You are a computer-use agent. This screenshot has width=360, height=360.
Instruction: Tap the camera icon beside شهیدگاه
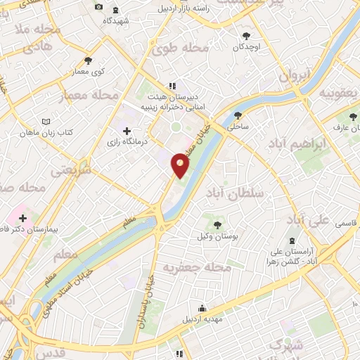click(x=98, y=8)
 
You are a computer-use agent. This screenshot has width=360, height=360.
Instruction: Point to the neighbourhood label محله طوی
click(x=180, y=48)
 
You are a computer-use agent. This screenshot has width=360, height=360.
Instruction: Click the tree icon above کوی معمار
click(x=87, y=60)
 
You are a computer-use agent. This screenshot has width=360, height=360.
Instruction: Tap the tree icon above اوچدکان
click(x=245, y=36)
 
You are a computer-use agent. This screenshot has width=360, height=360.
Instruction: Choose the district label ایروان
click(x=294, y=76)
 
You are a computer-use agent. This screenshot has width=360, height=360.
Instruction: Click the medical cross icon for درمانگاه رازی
click(x=127, y=130)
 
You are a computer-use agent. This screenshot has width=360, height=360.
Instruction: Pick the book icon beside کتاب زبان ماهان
click(x=46, y=121)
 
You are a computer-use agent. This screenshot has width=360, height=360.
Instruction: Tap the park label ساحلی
click(x=238, y=128)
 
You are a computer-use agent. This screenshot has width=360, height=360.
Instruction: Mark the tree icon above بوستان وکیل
click(x=217, y=225)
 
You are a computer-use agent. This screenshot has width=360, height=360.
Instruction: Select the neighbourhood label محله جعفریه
click(x=188, y=268)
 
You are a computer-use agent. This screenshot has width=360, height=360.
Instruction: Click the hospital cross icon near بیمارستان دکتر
click(x=23, y=218)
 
